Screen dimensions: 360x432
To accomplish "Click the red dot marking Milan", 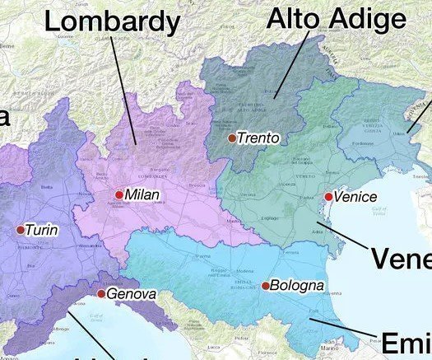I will click(x=119, y=195).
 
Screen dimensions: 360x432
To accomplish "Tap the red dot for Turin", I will click(x=21, y=230).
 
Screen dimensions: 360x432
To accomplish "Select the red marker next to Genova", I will click(x=101, y=293).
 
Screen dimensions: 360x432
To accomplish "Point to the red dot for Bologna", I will click(x=266, y=286).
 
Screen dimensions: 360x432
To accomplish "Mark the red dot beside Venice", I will click(x=328, y=197).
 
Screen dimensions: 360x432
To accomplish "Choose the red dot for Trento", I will click(x=232, y=138).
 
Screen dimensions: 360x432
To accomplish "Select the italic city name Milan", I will click(x=142, y=196).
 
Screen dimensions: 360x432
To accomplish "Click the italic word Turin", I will click(x=41, y=231).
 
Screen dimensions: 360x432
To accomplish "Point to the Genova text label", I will click(x=132, y=294).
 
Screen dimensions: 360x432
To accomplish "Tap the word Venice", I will click(x=355, y=197).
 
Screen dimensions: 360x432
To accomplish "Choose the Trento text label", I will click(x=258, y=138).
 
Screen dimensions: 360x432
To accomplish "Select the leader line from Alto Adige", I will click(x=291, y=66).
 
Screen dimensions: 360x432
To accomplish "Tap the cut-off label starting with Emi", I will click(x=405, y=342).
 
